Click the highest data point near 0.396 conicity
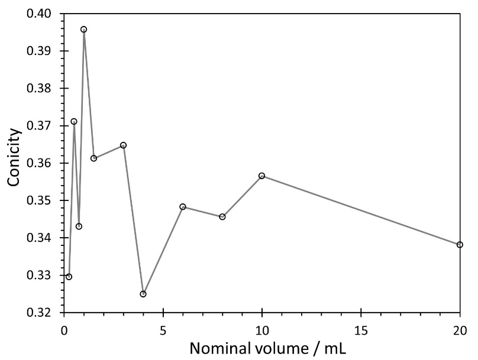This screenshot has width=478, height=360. [84, 30]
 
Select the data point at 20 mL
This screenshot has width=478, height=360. [460, 245]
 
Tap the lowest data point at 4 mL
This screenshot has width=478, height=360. [143, 294]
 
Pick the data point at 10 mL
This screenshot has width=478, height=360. [261, 176]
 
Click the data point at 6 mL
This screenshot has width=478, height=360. [183, 207]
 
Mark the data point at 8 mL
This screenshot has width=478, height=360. [222, 217]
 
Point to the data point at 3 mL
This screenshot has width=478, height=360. [123, 145]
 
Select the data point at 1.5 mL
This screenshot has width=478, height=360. [93, 158]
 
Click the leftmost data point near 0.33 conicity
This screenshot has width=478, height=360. [69, 277]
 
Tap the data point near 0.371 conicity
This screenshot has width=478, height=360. [74, 122]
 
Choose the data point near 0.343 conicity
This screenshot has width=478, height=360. [79, 226]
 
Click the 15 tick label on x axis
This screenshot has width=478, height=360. [361, 327]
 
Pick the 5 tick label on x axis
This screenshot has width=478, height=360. [163, 327]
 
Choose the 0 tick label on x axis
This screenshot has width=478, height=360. [64, 327]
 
